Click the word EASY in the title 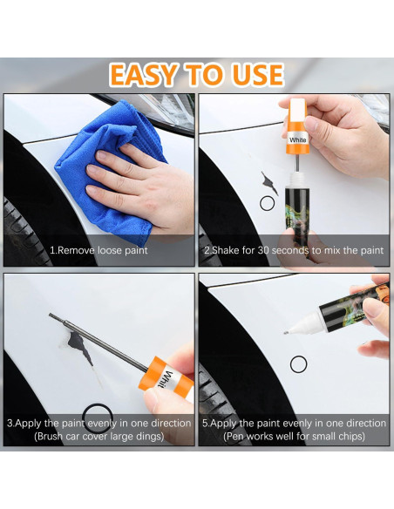click(144, 75)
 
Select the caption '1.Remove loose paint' click(98, 250)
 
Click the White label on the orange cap click(297, 140)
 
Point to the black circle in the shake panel click(267, 204)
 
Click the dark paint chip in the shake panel click(269, 183)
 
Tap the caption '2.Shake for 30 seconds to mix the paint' click(294, 250)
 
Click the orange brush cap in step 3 click(166, 378)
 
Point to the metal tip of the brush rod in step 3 click(51, 315)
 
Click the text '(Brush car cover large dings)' click(99, 436)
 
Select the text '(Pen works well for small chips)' click(294, 436)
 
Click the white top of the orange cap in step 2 click(297, 110)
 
